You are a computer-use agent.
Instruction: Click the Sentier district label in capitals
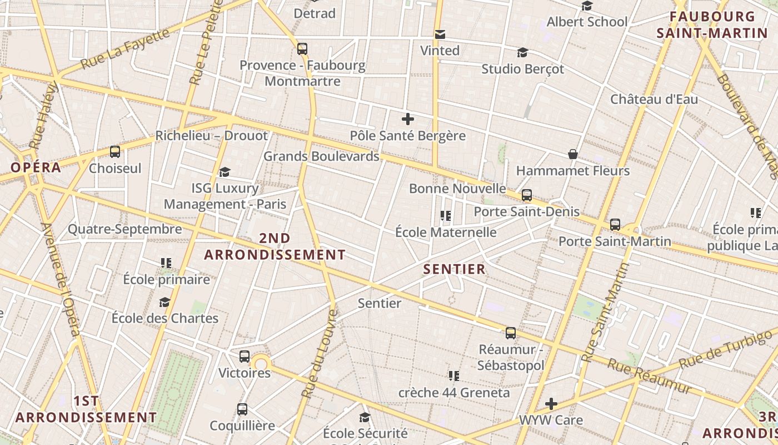(x=455, y=270)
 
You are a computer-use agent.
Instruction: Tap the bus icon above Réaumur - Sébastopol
(x=510, y=333)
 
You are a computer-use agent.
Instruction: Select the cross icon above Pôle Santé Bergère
(x=408, y=118)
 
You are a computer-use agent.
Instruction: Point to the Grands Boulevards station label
(x=321, y=156)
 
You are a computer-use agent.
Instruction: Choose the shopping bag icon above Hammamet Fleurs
(x=572, y=154)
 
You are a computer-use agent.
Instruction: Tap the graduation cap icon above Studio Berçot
(x=522, y=53)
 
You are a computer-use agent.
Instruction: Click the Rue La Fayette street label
(x=125, y=49)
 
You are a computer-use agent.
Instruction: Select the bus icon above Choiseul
(x=115, y=152)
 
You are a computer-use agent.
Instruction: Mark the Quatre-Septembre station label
(x=125, y=229)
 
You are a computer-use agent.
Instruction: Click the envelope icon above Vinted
(x=440, y=34)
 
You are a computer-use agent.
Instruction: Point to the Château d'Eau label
(x=654, y=100)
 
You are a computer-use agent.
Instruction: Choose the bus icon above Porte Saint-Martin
(x=615, y=225)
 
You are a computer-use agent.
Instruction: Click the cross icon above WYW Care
(x=551, y=403)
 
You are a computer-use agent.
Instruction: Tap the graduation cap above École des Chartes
(x=164, y=302)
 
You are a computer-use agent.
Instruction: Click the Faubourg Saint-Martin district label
(x=712, y=25)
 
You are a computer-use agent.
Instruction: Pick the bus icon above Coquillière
(x=242, y=409)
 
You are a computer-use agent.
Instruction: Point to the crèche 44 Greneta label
(x=454, y=393)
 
